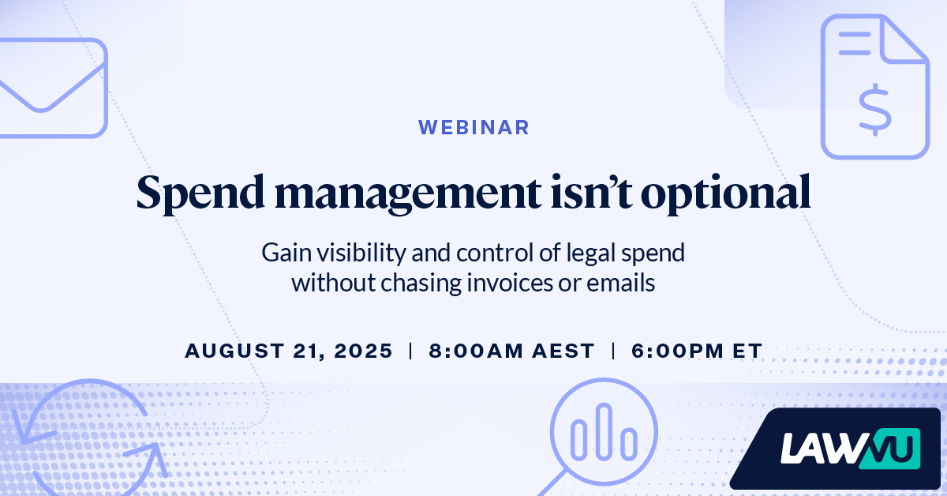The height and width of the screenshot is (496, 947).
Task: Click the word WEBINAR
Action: [x=473, y=127]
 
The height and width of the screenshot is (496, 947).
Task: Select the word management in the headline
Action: [x=407, y=194]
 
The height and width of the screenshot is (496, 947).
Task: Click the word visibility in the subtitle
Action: [x=361, y=254]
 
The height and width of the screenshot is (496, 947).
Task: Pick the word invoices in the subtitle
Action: [x=510, y=283]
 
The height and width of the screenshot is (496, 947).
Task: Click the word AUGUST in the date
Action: [x=234, y=351]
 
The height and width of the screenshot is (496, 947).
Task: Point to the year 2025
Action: [x=364, y=351]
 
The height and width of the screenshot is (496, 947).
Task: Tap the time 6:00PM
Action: [x=678, y=351]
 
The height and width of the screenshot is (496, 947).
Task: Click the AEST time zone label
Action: [x=563, y=351]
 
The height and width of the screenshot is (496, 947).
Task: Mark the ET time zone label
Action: [x=747, y=351]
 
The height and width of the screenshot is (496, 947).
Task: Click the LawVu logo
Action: [x=850, y=449]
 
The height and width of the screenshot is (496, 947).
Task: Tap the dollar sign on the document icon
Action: [x=875, y=110]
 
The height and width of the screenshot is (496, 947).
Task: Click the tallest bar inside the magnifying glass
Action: [x=604, y=431]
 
